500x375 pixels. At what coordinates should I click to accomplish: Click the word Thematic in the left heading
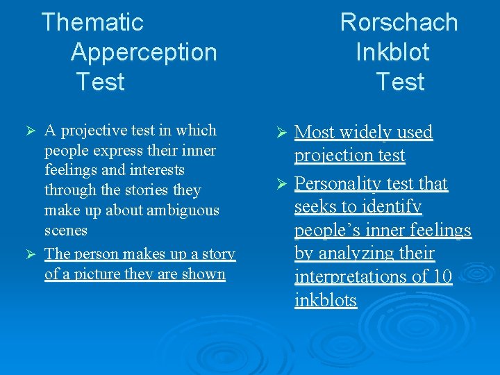[92, 22]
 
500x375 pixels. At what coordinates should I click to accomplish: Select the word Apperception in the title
[144, 52]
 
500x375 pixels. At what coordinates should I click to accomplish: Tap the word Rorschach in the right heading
[399, 22]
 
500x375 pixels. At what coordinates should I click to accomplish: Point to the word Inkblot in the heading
[392, 52]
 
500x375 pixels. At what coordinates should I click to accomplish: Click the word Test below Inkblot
[400, 82]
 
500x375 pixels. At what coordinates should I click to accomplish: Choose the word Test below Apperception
[101, 82]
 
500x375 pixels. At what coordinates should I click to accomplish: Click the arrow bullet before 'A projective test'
[29, 131]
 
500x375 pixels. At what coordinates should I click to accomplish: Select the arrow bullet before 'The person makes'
[29, 255]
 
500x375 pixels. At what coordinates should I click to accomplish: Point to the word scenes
[66, 230]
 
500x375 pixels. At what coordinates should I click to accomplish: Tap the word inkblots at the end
[325, 301]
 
